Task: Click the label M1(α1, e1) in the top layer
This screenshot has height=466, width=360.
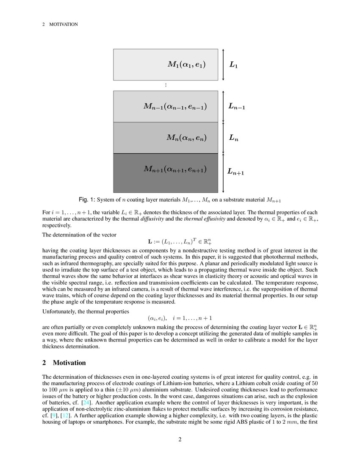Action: [x=186, y=64]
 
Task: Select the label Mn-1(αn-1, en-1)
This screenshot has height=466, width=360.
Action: [x=175, y=106]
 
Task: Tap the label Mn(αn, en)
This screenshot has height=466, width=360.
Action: [x=186, y=137]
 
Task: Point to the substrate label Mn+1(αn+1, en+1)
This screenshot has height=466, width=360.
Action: [x=175, y=169]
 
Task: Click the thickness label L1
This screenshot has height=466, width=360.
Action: [x=234, y=65]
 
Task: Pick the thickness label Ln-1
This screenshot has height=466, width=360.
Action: [x=237, y=107]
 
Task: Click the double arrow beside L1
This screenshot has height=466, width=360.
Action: [x=223, y=64]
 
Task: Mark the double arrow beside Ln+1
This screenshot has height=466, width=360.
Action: [x=223, y=173]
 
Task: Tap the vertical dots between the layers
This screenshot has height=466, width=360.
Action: [x=166, y=85]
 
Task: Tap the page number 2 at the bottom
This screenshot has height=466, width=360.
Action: [x=180, y=439]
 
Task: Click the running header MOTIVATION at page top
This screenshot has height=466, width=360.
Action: [x=64, y=25]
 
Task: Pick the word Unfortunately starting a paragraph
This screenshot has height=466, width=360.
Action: [x=60, y=311]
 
